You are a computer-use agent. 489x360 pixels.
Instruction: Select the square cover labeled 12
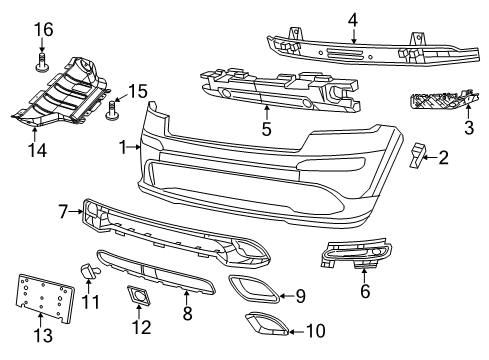click(137, 294)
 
